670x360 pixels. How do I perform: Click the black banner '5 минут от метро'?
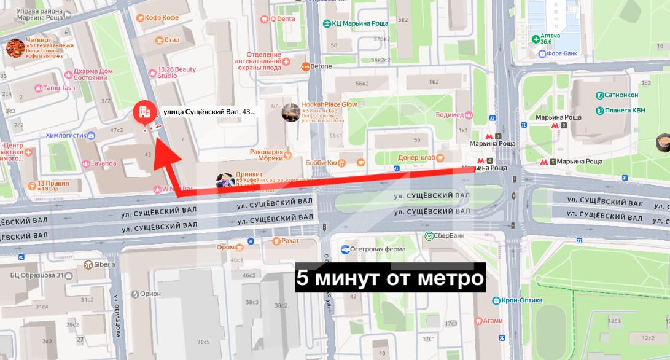point(390,278)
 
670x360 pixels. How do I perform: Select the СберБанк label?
point(449,236)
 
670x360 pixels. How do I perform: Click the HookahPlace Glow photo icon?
point(291,112)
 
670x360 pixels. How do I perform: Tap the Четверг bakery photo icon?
point(15,47)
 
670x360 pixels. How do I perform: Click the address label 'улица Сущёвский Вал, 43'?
point(209,112)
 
